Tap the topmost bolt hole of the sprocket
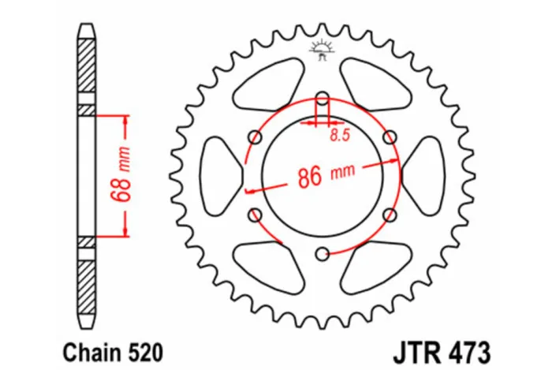pyautogui.click(x=322, y=99)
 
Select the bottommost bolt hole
pyautogui.click(x=322, y=253)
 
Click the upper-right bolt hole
pyautogui.click(x=389, y=137)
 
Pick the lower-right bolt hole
pyautogui.click(x=389, y=215)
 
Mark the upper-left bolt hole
pyautogui.click(x=255, y=137)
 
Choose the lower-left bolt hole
pyautogui.click(x=255, y=215)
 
